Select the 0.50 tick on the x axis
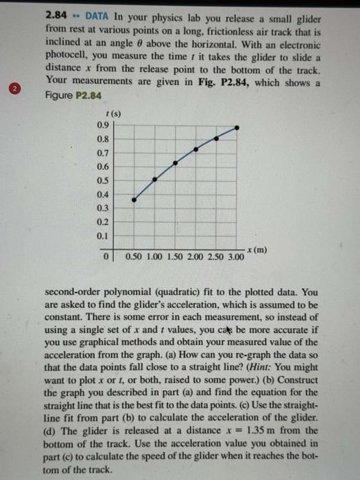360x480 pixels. pyautogui.click(x=134, y=258)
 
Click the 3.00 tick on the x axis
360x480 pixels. pyautogui.click(x=235, y=258)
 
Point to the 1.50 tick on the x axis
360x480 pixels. pyautogui.click(x=175, y=258)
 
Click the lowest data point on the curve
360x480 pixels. pyautogui.click(x=134, y=200)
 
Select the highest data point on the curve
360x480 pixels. pyautogui.click(x=237, y=127)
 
